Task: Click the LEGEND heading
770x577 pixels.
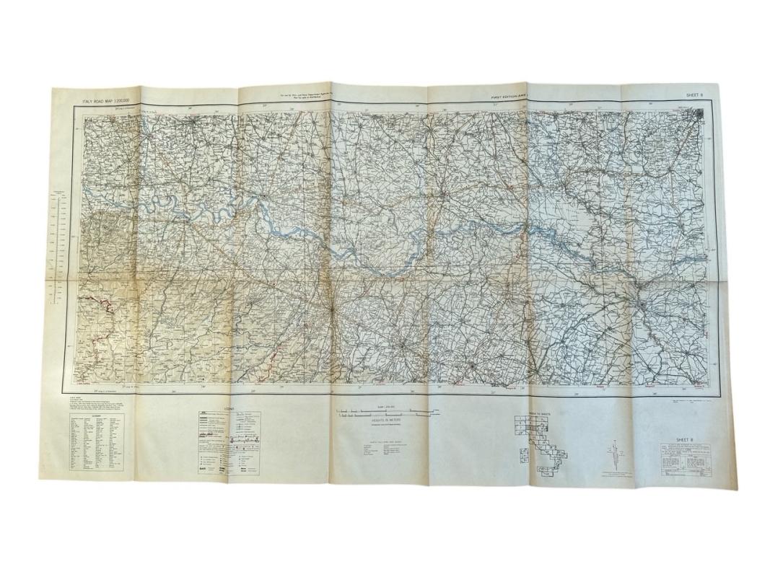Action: pyautogui.click(x=229, y=409)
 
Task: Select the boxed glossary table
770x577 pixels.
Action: pyautogui.click(x=95, y=443)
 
